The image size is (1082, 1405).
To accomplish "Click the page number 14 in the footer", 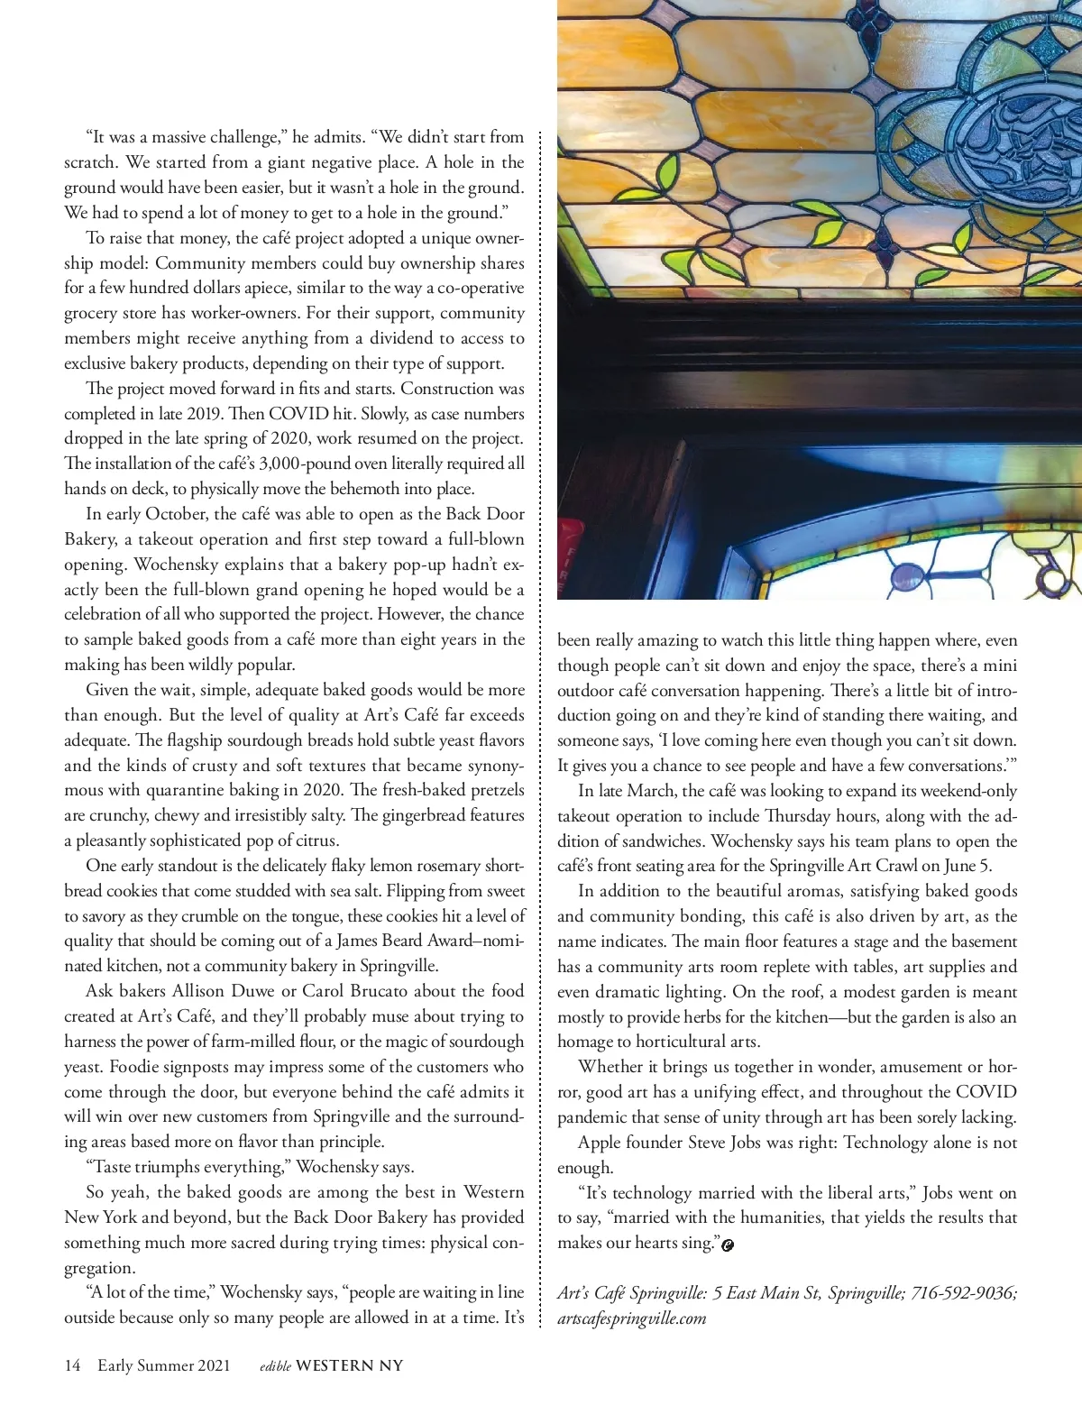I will point(72,1365).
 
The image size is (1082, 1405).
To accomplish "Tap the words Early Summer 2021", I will point(163,1365).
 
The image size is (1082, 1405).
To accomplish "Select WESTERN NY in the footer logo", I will point(349,1365).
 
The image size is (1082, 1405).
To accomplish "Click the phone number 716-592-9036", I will point(964,1292).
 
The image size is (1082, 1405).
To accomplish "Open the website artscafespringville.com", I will point(631,1318).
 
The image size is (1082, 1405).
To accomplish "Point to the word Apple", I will point(601,1142).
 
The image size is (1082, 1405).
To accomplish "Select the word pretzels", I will point(492,790).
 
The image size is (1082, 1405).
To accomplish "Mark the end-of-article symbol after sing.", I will point(729,1244).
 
